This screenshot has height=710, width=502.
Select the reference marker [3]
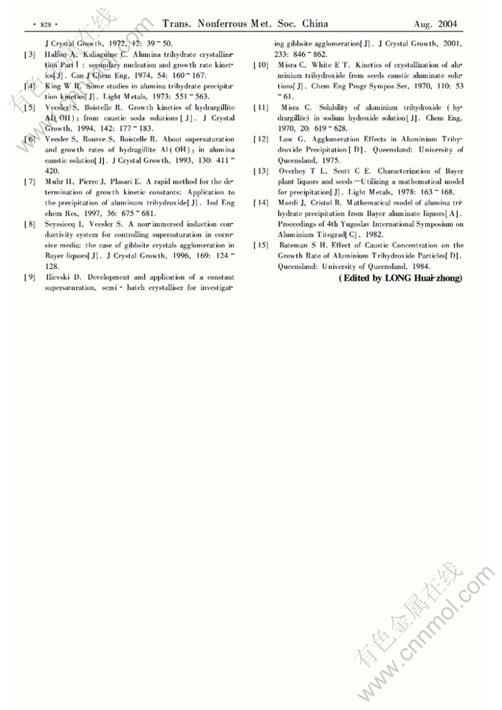point(29,55)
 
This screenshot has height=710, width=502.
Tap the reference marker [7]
point(29,181)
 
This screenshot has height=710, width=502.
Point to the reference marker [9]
point(29,276)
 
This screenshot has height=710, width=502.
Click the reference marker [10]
point(261,65)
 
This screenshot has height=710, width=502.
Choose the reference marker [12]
point(261,139)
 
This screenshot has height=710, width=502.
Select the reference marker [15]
point(261,245)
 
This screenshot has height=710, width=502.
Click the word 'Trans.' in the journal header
point(177,24)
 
